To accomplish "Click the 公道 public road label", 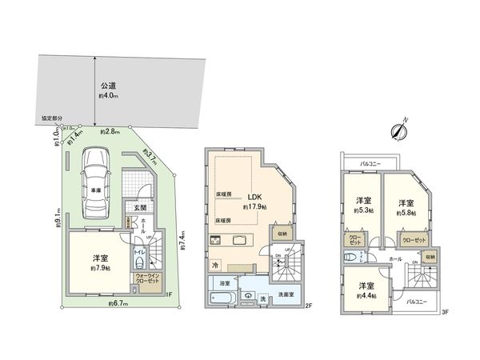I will click(x=108, y=85).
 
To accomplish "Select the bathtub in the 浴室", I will click(x=221, y=299).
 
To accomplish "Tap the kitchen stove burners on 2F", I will click(x=217, y=239).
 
